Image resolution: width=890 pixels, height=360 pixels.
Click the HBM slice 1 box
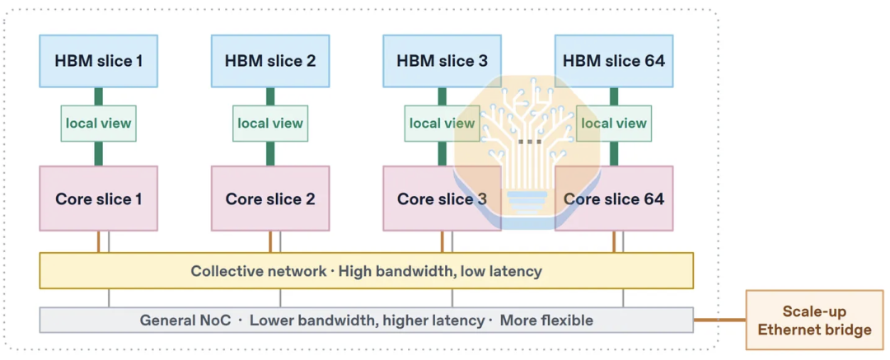pos(98,61)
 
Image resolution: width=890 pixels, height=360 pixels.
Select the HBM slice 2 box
pos(270,61)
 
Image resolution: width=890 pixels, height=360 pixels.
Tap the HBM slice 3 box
pos(442,61)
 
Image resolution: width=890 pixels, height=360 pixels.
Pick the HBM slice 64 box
pos(614,61)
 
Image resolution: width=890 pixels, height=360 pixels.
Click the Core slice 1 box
pos(98,199)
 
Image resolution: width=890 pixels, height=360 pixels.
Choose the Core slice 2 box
pos(270,199)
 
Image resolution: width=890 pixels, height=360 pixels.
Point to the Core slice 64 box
pos(614,199)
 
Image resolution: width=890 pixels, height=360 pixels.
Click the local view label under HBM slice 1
pos(99,124)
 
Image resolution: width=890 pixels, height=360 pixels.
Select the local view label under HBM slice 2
pos(270,124)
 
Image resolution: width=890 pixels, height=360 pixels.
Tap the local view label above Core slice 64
pos(614,124)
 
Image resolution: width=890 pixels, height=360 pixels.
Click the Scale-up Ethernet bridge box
pos(814,320)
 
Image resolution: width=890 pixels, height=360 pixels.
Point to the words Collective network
pos(258,271)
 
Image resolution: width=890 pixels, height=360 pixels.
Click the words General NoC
pos(185,320)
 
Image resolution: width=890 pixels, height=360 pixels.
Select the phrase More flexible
pos(546,320)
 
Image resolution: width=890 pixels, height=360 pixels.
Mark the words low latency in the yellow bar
pos(501,271)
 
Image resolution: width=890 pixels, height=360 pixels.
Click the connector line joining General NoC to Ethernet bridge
pos(719,320)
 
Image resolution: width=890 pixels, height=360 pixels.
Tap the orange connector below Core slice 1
pos(99,242)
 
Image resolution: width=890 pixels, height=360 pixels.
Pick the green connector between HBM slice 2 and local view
pos(270,96)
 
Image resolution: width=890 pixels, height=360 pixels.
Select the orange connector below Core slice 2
pos(270,242)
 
